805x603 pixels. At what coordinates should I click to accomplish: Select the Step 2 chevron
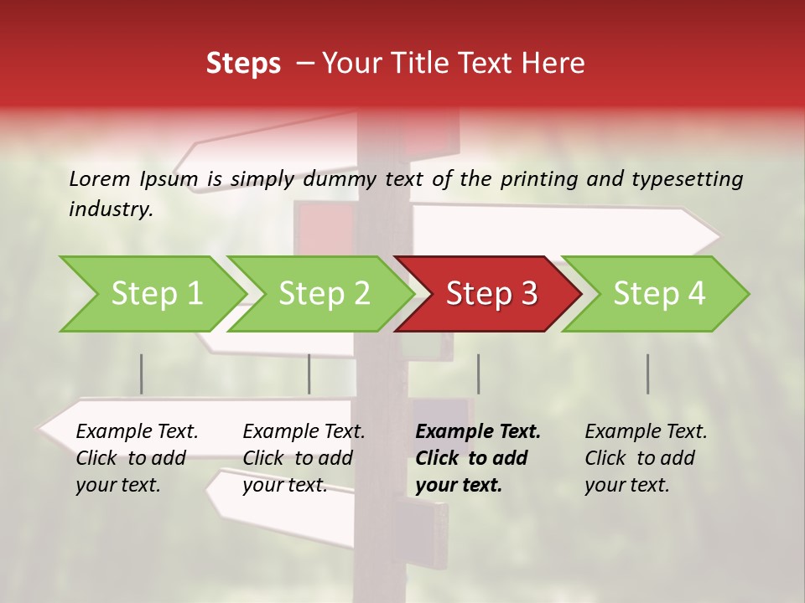coord(324,294)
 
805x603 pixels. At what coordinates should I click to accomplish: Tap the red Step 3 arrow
coord(491,294)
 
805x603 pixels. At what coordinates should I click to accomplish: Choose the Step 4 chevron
coord(659,294)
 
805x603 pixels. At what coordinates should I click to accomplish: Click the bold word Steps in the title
coord(243,64)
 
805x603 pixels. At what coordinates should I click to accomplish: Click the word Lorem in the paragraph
coord(99,178)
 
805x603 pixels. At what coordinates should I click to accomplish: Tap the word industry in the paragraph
coord(111,209)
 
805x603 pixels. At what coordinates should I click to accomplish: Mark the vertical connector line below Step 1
coord(142,374)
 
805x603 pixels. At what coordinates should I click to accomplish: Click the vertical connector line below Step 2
coord(309,374)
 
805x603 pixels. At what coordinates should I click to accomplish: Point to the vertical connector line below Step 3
coord(478,374)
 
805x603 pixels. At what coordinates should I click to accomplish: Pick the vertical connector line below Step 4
coord(647,374)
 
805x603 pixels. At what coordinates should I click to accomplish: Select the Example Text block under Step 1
coord(137,457)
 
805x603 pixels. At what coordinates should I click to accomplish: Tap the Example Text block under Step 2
coord(304,457)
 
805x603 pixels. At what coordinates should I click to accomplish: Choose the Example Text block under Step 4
coord(646,457)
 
